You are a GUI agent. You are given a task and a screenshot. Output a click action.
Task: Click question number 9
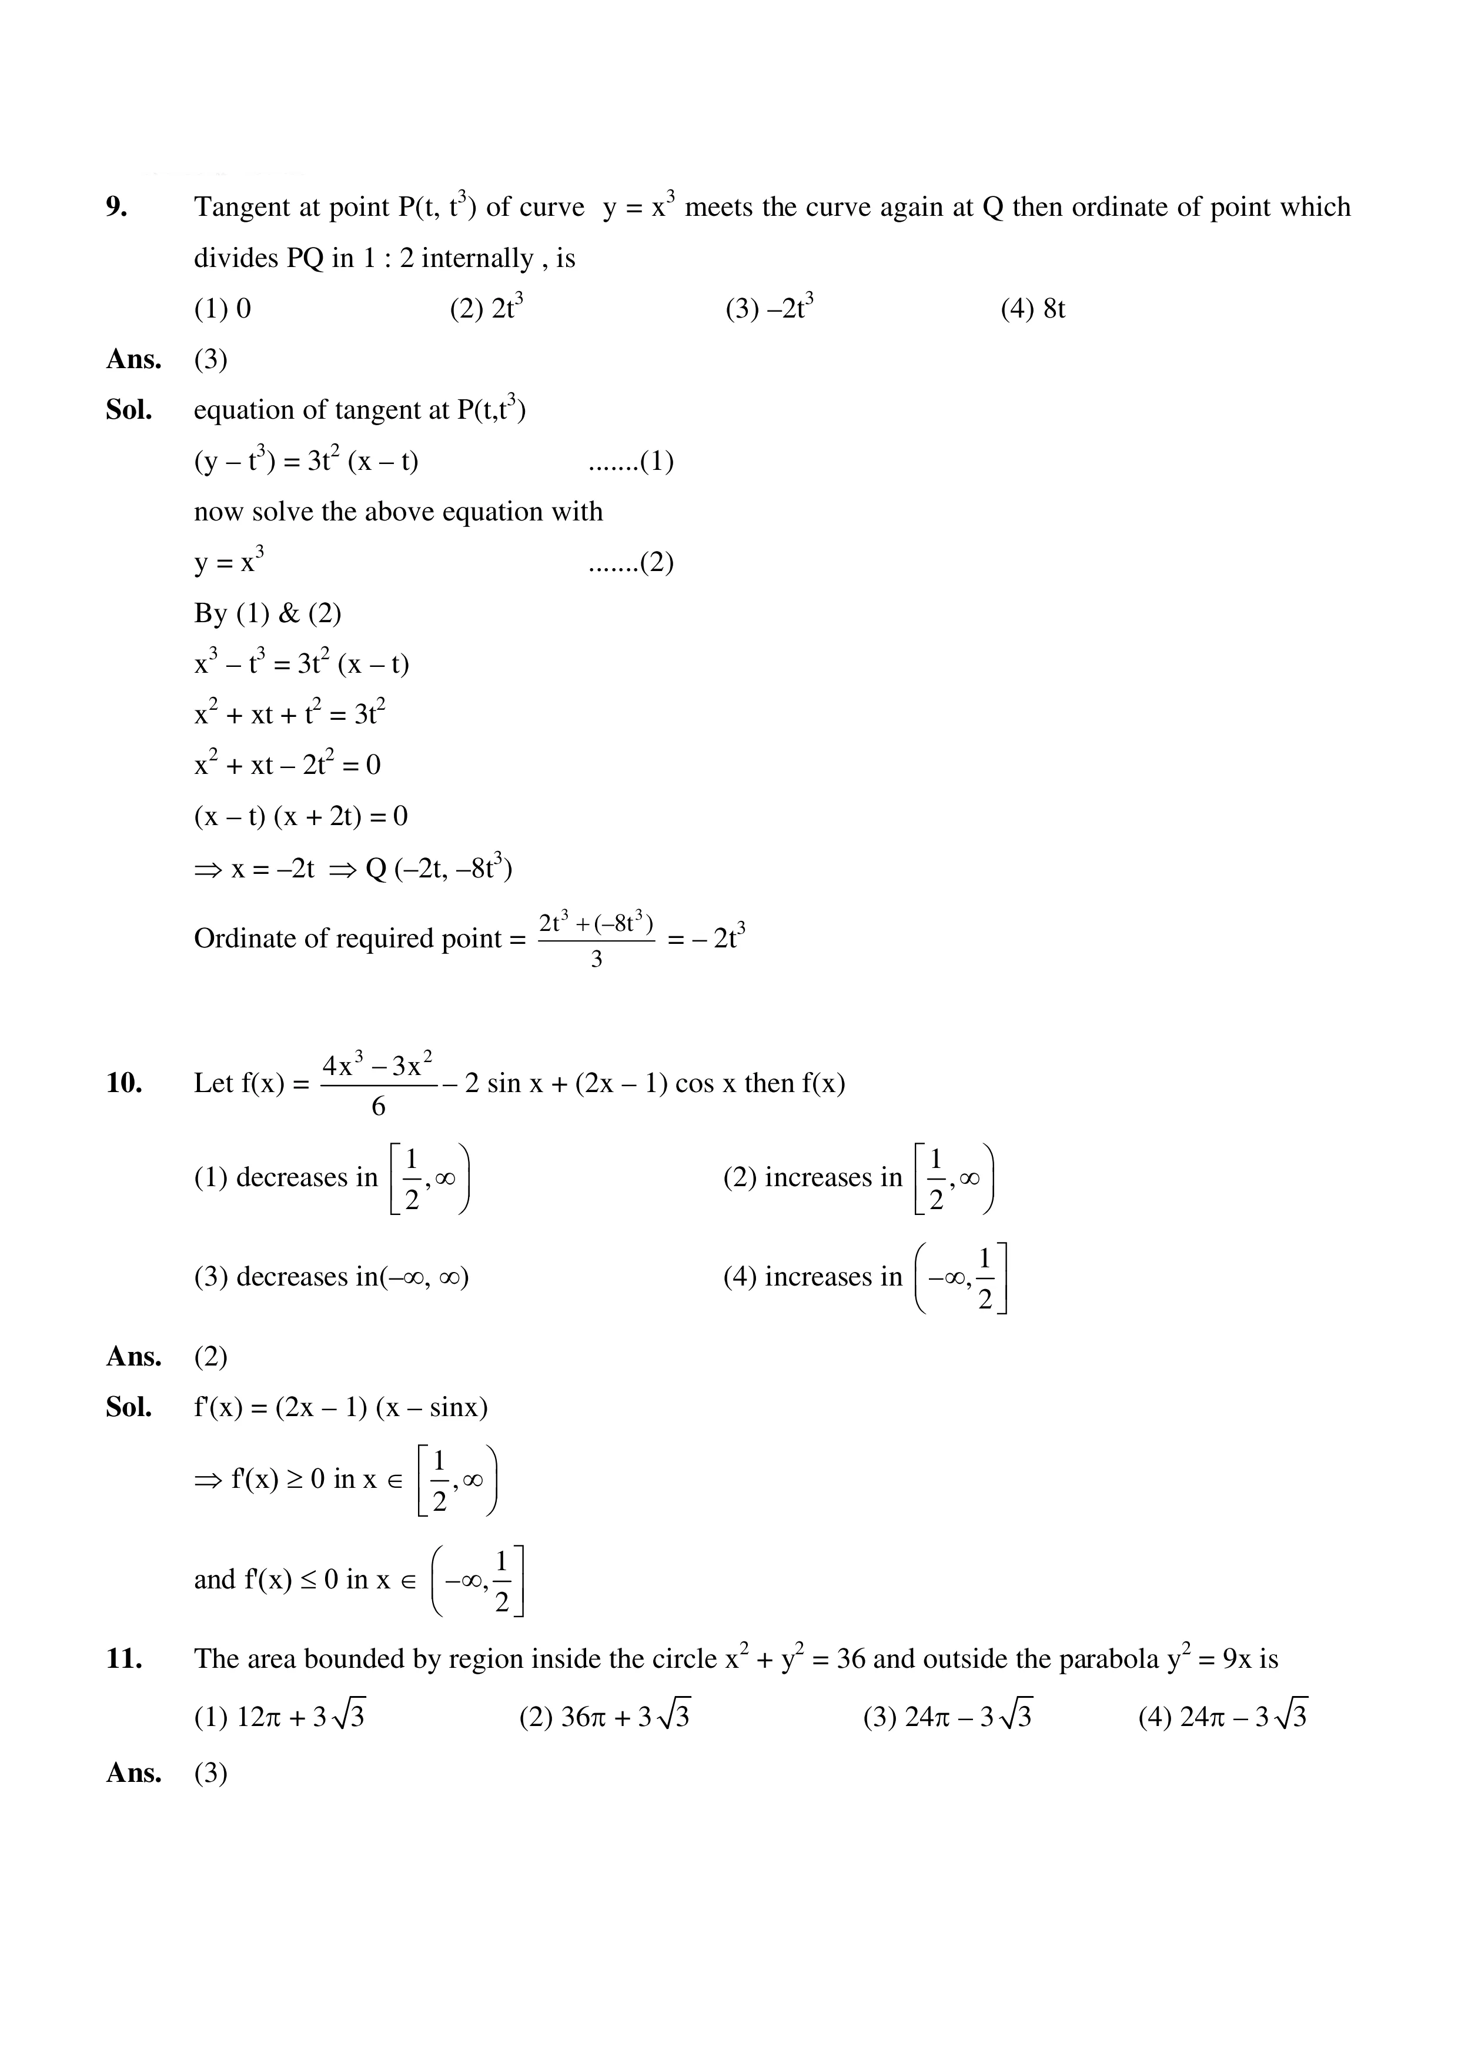tap(117, 208)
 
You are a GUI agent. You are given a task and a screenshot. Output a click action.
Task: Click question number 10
tap(124, 1084)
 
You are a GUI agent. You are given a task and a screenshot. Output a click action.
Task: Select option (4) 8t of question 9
tap(1032, 309)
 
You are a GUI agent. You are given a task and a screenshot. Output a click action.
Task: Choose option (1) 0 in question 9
tap(222, 309)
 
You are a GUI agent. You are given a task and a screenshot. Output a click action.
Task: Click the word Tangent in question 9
tap(241, 208)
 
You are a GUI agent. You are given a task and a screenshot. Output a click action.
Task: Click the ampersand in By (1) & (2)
tap(288, 614)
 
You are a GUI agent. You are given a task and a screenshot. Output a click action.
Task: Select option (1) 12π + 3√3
tap(279, 1717)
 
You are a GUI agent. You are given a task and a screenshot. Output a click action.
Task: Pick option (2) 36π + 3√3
tap(604, 1717)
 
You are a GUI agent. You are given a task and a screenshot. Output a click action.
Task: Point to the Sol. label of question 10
tap(129, 1407)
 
